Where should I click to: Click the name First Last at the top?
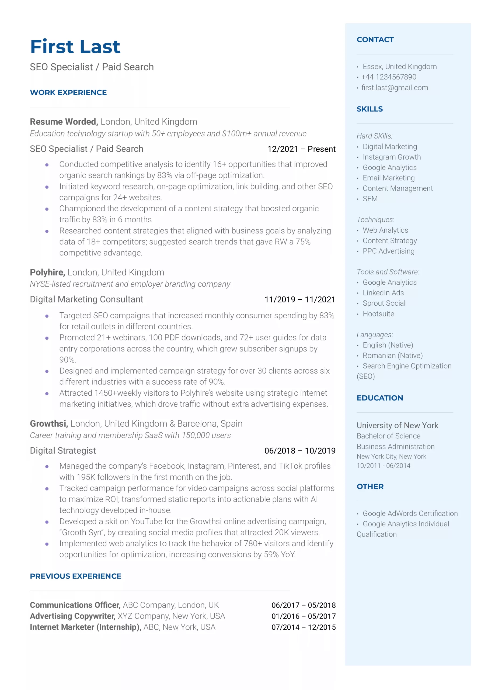pyautogui.click(x=75, y=47)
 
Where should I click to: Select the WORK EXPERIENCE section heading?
pyautogui.click(x=68, y=93)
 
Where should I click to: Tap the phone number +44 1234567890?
pyautogui.click(x=389, y=77)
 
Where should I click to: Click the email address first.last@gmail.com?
pyautogui.click(x=395, y=88)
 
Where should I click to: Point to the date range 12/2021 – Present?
pyautogui.click(x=301, y=149)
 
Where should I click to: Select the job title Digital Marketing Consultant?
pyautogui.click(x=86, y=299)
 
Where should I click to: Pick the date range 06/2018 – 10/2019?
pyautogui.click(x=299, y=451)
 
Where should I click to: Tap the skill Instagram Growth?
pyautogui.click(x=392, y=157)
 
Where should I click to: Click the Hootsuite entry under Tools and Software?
pyautogui.click(x=378, y=314)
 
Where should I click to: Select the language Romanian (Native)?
pyautogui.click(x=392, y=356)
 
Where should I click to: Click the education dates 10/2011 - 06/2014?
pyautogui.click(x=383, y=466)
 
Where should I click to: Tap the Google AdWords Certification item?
pyautogui.click(x=410, y=513)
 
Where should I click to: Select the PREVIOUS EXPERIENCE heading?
pyautogui.click(x=76, y=576)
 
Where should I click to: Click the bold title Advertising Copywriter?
pyautogui.click(x=73, y=616)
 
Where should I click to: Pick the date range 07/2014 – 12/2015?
pyautogui.click(x=304, y=627)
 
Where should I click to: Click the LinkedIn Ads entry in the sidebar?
pyautogui.click(x=383, y=293)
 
